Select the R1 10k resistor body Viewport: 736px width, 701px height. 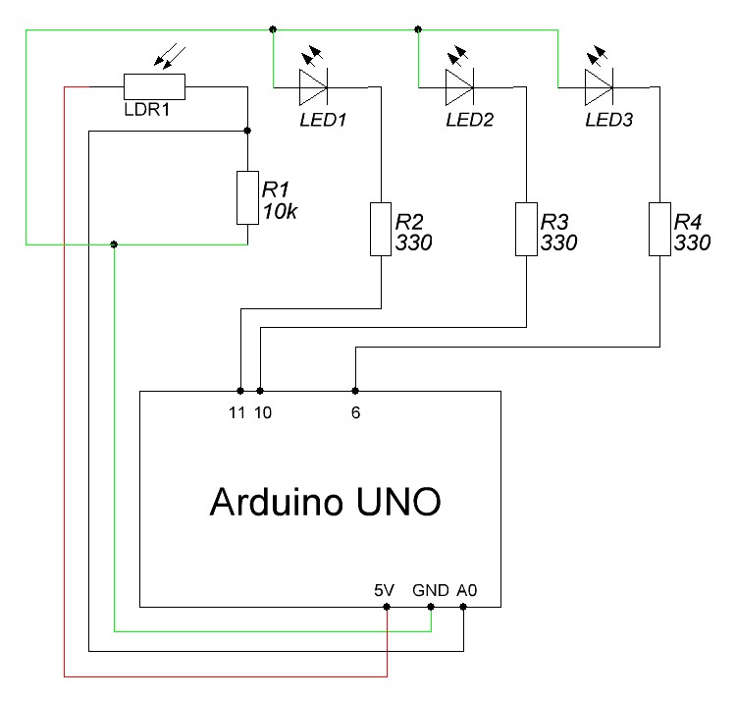[x=246, y=196]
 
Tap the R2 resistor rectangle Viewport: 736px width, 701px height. [x=380, y=229]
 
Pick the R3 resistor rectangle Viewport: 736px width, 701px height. [x=527, y=229]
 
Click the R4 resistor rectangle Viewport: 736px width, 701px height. [x=659, y=229]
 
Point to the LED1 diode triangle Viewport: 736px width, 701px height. [x=313, y=86]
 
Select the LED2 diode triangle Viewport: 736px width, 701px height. [x=459, y=86]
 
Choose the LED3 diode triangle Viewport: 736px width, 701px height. [x=598, y=86]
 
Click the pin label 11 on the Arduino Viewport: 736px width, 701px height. [x=236, y=413]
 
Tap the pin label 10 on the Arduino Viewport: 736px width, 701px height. [x=263, y=413]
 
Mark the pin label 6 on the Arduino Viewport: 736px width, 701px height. [x=355, y=413]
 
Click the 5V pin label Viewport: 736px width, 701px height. [x=384, y=591]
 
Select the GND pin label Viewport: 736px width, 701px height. [x=431, y=591]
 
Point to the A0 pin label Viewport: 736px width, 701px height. [x=466, y=591]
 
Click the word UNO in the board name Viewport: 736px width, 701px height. [x=396, y=503]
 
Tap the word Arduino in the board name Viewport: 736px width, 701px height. [x=275, y=503]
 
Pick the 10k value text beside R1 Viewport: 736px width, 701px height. [x=279, y=210]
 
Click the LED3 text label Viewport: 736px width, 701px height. [x=609, y=122]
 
